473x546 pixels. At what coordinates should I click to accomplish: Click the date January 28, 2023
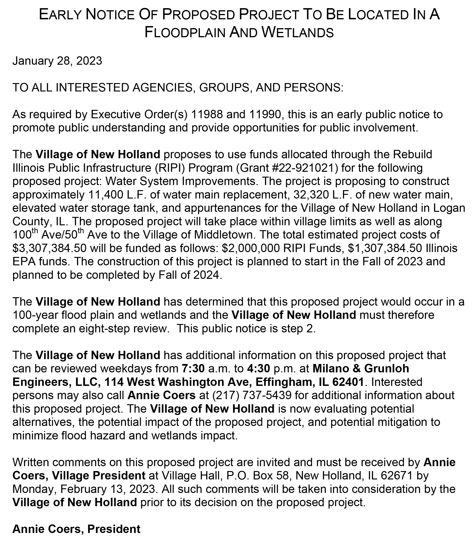(x=57, y=61)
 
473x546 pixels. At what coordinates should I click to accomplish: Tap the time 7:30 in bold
(x=193, y=369)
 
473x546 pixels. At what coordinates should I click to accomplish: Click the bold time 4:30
(x=258, y=369)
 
